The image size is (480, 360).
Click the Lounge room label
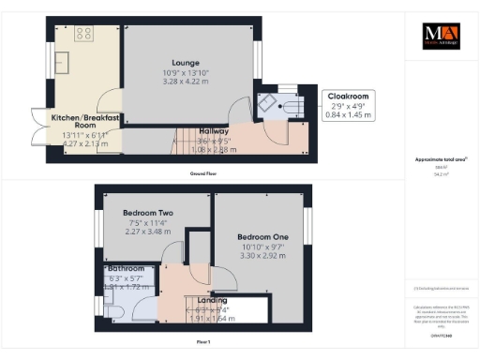tap(185, 63)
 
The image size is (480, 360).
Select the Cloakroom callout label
tap(347, 96)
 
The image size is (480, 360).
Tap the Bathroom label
tap(127, 268)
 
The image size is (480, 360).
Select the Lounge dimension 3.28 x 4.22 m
tap(185, 81)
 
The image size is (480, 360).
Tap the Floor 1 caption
tap(202, 344)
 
